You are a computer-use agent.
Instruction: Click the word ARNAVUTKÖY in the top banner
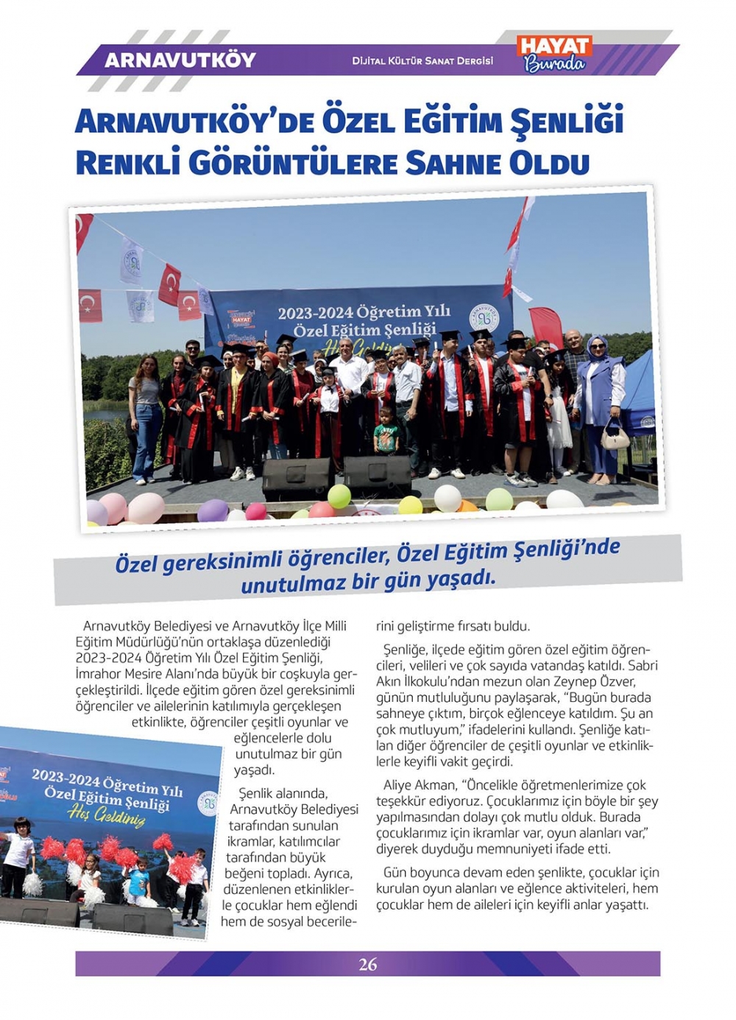(180, 60)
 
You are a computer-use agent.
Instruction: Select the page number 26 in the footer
(367, 964)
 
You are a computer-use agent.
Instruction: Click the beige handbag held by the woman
(615, 436)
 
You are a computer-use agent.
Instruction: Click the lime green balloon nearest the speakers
(339, 496)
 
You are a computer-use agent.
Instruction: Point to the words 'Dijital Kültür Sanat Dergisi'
(422, 61)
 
